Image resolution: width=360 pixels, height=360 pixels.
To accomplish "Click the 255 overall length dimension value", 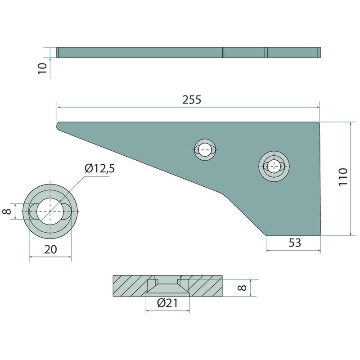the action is (x=192, y=99).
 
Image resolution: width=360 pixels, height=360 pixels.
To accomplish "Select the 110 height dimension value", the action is (x=343, y=177).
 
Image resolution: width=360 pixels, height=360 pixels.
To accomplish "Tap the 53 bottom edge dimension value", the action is (x=295, y=243).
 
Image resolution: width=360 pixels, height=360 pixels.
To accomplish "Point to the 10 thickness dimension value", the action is (x=42, y=68).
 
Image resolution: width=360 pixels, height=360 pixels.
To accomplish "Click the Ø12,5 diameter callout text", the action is (x=99, y=168).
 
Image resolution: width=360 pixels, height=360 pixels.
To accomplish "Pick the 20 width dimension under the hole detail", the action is (x=50, y=249).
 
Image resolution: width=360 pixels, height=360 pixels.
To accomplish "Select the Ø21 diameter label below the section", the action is (x=167, y=303).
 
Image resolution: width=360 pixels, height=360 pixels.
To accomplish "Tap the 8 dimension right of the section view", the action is (x=242, y=288).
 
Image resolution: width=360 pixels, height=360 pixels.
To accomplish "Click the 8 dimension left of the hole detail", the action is (x=7, y=211).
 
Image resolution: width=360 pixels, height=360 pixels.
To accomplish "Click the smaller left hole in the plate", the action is (x=205, y=150).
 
